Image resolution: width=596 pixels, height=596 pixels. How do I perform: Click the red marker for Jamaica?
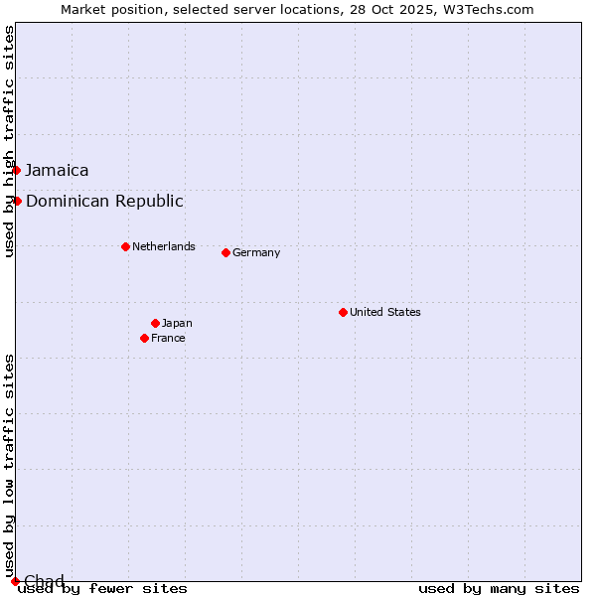click(x=16, y=170)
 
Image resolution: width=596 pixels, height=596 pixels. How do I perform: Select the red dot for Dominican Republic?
click(x=17, y=201)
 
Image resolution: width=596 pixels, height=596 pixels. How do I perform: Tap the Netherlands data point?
click(x=125, y=246)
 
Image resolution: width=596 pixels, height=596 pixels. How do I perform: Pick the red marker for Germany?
click(x=225, y=252)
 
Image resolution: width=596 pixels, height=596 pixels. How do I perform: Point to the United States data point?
click(x=343, y=312)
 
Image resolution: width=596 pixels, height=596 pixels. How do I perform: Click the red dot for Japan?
click(x=155, y=323)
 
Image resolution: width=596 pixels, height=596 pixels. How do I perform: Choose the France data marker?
click(x=144, y=338)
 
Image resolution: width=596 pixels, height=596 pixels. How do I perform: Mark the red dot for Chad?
click(x=15, y=581)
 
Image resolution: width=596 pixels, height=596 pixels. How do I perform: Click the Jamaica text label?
click(x=57, y=170)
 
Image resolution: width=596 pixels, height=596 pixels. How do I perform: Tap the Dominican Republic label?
click(x=104, y=201)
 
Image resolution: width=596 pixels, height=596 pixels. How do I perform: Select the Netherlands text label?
click(x=164, y=246)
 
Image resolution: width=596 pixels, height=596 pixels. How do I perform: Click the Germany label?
click(x=256, y=252)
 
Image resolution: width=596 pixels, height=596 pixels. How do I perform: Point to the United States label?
click(x=385, y=312)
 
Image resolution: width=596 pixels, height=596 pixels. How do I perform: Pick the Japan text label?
click(x=177, y=323)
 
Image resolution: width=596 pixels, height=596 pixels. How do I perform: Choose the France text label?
click(x=168, y=338)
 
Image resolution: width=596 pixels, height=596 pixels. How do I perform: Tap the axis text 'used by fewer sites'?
click(x=103, y=588)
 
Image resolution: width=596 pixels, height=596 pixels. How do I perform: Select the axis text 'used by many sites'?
click(x=499, y=588)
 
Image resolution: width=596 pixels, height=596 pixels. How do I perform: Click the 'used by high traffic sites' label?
click(x=10, y=141)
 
